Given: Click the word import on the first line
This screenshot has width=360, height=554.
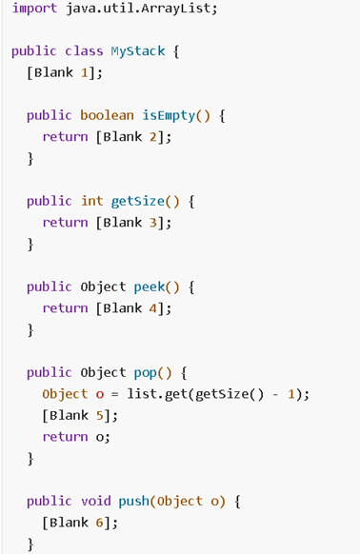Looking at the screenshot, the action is (34, 9).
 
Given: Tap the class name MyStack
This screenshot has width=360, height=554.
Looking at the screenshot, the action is (143, 51).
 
